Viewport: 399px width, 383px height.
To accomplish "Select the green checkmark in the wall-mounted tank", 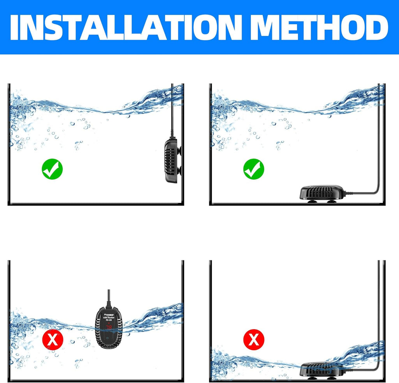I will pyautogui.click(x=52, y=169).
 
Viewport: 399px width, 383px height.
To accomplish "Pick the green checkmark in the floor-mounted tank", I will pyautogui.click(x=254, y=169).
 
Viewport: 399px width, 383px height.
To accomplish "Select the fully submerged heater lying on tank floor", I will pyautogui.click(x=322, y=192).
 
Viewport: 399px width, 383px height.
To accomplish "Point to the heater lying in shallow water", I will pyautogui.click(x=322, y=369).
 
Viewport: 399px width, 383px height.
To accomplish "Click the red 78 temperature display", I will pyautogui.click(x=106, y=326).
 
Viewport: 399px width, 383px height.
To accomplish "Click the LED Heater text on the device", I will pyautogui.click(x=106, y=317).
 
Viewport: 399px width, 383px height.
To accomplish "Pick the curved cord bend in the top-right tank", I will pyautogui.click(x=375, y=191).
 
